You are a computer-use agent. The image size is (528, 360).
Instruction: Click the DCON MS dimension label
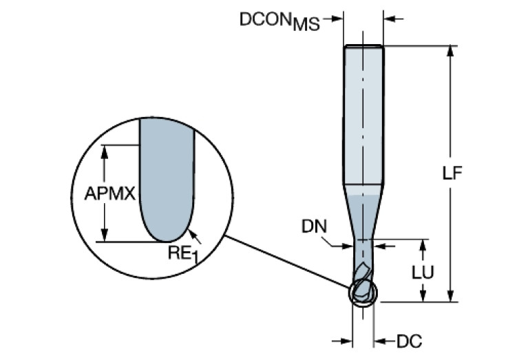(x=279, y=21)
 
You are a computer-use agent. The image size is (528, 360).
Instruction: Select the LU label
(x=422, y=272)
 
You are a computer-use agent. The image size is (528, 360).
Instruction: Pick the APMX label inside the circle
(x=109, y=194)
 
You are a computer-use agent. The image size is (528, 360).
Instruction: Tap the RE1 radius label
(x=181, y=253)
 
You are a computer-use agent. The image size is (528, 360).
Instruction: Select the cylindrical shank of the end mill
(x=363, y=117)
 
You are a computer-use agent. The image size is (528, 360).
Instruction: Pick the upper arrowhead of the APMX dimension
(x=105, y=150)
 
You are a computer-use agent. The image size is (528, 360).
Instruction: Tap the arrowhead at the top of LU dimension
(x=423, y=245)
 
